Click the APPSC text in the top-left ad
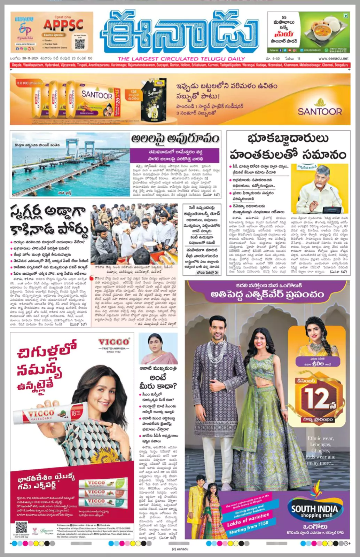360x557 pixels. click(x=63, y=25)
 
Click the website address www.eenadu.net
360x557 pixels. click(x=333, y=58)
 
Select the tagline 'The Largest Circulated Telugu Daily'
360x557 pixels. click(x=181, y=59)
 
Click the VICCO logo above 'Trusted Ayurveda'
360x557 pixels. click(x=114, y=342)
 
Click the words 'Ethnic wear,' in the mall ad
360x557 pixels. click(x=320, y=438)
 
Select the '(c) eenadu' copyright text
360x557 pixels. click(x=180, y=549)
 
